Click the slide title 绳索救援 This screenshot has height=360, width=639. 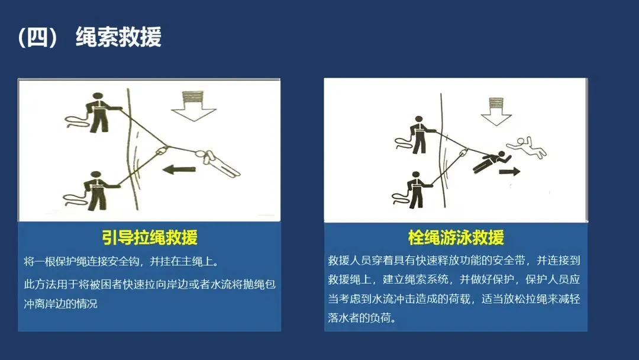pos(118,37)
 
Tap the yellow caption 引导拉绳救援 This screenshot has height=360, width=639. pos(150,237)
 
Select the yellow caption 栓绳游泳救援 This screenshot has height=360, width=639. pos(456,237)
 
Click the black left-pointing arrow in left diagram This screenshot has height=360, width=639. pos(179,169)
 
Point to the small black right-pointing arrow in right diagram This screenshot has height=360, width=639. pos(510,171)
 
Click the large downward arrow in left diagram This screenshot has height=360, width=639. pos(193,107)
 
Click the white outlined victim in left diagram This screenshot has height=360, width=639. pos(218,163)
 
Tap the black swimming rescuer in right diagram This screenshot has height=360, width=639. pos(492,161)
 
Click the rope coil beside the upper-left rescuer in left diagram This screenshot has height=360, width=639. pos(76,121)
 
